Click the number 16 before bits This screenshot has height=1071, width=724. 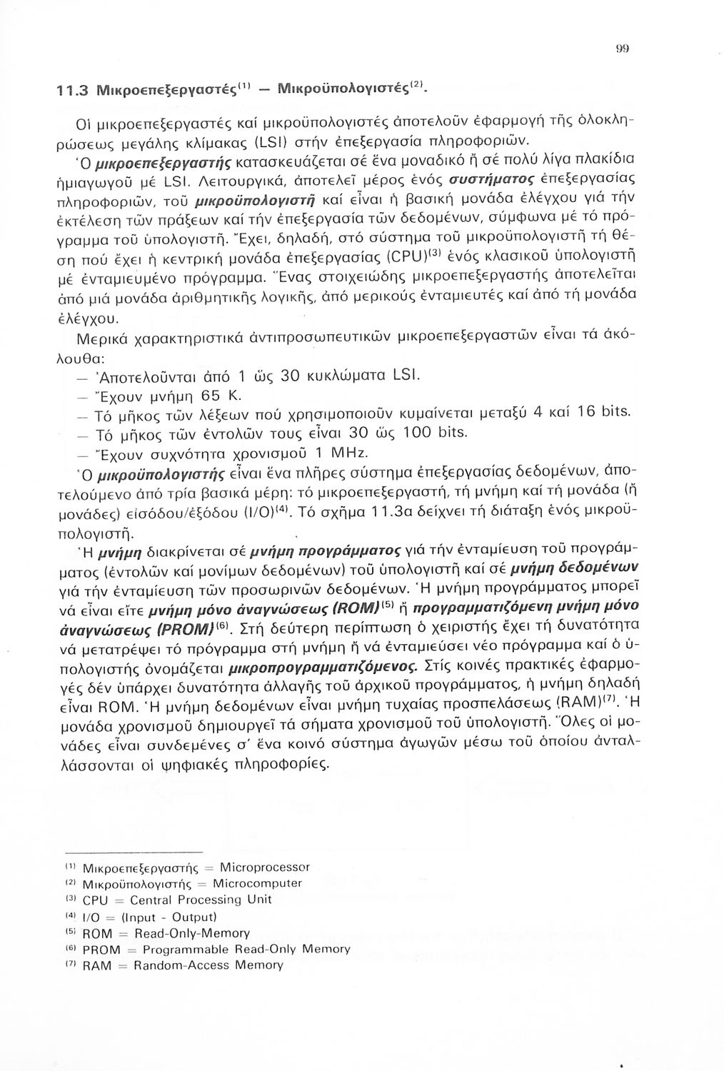pyautogui.click(x=588, y=411)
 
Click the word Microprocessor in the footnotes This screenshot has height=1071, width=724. pyautogui.click(x=266, y=868)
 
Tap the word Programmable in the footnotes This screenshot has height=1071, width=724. pyautogui.click(x=184, y=949)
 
